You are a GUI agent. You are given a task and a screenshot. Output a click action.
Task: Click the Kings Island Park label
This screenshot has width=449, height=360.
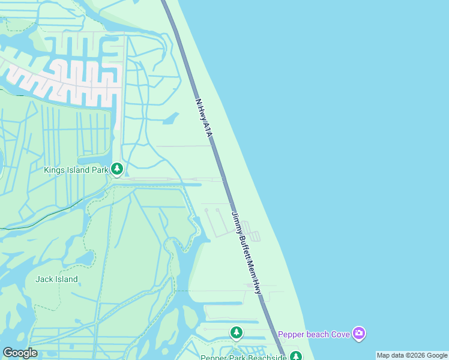click(76, 170)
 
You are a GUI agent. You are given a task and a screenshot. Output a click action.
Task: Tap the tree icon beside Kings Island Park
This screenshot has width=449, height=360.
click(117, 169)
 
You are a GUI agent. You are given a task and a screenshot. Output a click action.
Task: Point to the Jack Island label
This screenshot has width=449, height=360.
click(56, 279)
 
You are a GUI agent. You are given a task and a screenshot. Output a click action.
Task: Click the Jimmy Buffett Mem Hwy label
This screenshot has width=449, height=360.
click(247, 253)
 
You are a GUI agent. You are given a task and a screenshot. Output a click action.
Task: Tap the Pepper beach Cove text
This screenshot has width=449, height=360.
click(313, 334)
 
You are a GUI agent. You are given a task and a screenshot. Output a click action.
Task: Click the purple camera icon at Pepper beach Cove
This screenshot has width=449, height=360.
click(359, 333)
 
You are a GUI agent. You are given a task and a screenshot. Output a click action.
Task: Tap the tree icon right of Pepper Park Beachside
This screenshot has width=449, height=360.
click(295, 356)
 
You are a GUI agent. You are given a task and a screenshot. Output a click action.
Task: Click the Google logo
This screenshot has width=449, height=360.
click(20, 353)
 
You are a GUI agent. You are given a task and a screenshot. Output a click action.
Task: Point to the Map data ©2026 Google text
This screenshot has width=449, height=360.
click(412, 356)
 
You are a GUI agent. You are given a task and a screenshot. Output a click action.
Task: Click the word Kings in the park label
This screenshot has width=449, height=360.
click(54, 170)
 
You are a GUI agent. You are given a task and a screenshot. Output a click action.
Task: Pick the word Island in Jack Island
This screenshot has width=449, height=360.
click(65, 279)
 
